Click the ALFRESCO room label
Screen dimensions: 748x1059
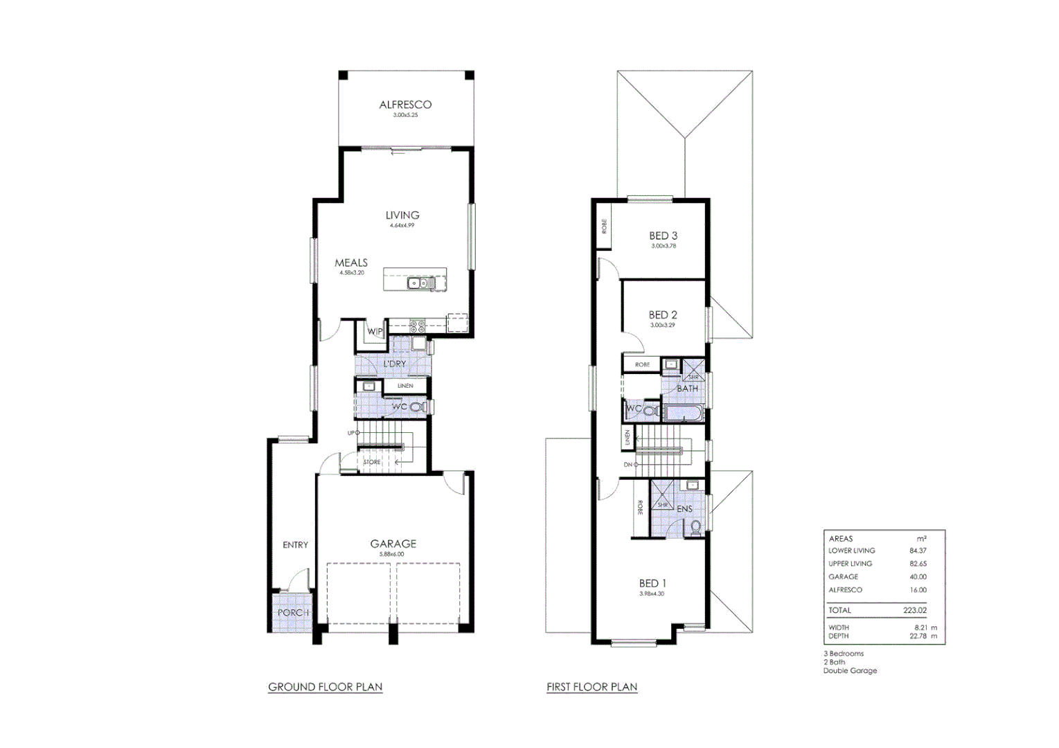point(405,105)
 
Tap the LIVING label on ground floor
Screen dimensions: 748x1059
point(402,215)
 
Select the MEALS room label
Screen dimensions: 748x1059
point(351,263)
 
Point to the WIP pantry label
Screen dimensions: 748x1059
point(375,332)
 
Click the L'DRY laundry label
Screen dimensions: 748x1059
point(395,364)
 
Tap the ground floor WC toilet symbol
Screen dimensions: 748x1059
point(418,407)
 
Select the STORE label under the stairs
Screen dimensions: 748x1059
point(372,462)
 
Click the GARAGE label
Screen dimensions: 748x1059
point(393,544)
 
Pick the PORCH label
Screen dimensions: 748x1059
point(292,613)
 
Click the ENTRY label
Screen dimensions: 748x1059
point(295,545)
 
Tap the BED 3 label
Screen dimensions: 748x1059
point(663,236)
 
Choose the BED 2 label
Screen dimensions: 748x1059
point(663,315)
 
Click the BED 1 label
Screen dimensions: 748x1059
point(652,584)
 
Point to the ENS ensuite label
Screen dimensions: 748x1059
point(684,509)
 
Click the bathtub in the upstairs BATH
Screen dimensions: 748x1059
point(684,414)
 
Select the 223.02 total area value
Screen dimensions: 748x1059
point(914,610)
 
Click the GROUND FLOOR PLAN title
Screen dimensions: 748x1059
point(325,687)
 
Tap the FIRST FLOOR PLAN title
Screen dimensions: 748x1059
point(591,687)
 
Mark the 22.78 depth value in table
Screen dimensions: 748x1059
point(918,636)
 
